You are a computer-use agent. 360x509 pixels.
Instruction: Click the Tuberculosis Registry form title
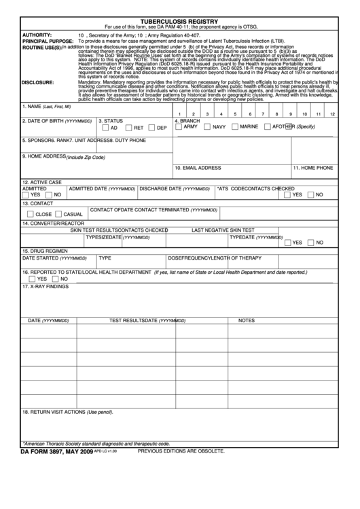click(x=179, y=21)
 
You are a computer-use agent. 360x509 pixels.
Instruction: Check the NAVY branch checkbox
click(x=206, y=126)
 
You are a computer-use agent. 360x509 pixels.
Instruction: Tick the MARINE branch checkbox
click(x=234, y=126)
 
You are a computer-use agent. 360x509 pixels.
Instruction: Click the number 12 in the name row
click(x=332, y=114)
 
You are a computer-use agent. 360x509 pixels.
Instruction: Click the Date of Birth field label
click(x=51, y=121)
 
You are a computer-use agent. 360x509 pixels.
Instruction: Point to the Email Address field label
click(x=198, y=167)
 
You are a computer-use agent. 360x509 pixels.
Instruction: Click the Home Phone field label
click(x=312, y=167)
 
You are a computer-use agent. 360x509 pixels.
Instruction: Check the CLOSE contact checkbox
click(x=29, y=213)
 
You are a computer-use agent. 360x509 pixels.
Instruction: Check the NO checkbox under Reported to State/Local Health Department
click(x=56, y=279)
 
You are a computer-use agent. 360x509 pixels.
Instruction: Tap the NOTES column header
click(x=246, y=320)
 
